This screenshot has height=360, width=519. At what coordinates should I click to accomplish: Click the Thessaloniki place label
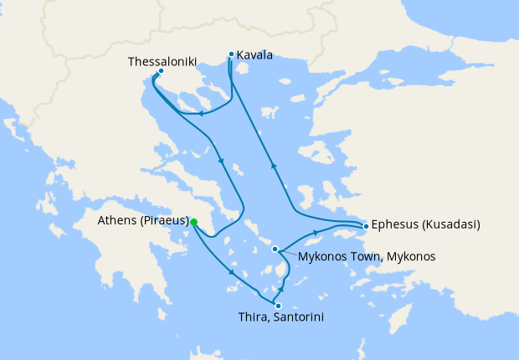pos(162,61)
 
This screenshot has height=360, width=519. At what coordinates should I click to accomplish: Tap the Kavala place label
pos(254,56)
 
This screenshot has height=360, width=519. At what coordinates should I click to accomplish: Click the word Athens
pos(117,222)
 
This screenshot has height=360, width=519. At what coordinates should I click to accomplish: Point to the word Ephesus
pos(396,225)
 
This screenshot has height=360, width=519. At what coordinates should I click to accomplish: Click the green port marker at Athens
pos(193,222)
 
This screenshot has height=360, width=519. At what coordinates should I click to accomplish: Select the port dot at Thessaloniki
pos(161,71)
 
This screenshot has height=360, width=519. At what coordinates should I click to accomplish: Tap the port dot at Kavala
pos(231,54)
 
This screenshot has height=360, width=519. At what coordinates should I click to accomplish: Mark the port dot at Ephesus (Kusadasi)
pos(366,226)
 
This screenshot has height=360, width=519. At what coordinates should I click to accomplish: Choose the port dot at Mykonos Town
pos(275,249)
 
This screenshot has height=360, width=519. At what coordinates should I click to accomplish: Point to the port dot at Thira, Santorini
pos(278,306)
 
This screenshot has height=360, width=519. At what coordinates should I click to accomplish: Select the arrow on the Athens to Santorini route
pos(231,273)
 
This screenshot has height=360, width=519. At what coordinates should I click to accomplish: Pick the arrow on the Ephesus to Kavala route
pos(273,165)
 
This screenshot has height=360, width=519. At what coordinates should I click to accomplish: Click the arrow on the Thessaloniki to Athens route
pos(221,161)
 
